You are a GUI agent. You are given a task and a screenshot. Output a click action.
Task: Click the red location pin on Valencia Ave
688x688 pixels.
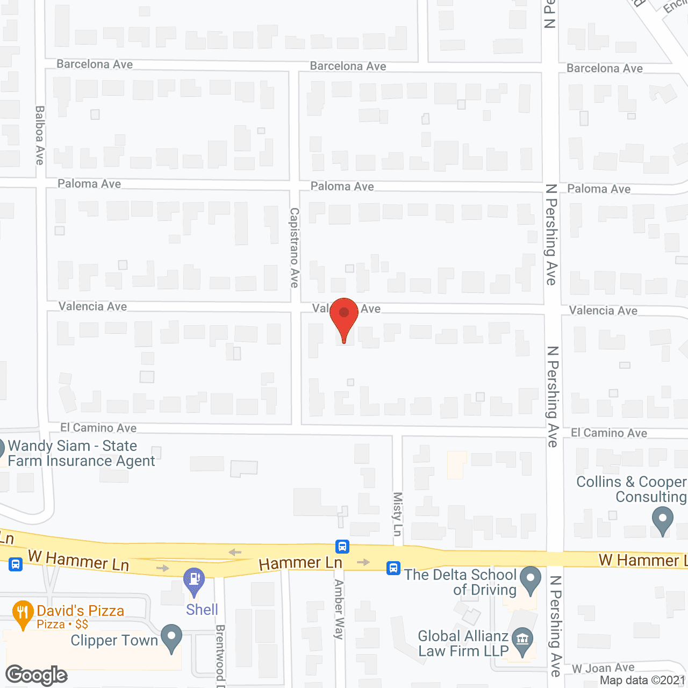pyautogui.click(x=344, y=315)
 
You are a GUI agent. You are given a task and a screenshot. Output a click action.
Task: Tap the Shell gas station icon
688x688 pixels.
pyautogui.click(x=194, y=580)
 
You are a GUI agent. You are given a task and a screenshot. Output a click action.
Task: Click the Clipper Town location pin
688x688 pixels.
pyautogui.click(x=171, y=637)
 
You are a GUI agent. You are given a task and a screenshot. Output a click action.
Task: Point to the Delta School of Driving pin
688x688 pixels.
pyautogui.click(x=531, y=579)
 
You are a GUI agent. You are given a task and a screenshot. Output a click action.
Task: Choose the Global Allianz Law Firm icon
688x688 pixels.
pyautogui.click(x=521, y=640)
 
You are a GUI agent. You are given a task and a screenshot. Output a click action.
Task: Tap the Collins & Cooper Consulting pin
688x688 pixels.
pyautogui.click(x=662, y=520)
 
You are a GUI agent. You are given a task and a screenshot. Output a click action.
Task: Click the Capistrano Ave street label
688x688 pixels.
pyautogui.click(x=295, y=248)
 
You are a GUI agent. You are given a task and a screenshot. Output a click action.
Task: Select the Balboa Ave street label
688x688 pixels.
pyautogui.click(x=40, y=135)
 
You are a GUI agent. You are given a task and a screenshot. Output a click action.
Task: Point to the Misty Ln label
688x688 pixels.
pyautogui.click(x=398, y=514)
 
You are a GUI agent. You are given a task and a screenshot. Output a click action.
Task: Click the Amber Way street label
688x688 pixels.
pyautogui.click(x=339, y=609)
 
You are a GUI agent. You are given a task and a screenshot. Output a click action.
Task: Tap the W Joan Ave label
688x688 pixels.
pyautogui.click(x=603, y=668)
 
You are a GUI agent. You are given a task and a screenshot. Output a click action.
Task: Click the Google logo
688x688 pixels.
pyautogui.click(x=37, y=675)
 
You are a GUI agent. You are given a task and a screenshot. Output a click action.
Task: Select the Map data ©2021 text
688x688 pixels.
pyautogui.click(x=643, y=680)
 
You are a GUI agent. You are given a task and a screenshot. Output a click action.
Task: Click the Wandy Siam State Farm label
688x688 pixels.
pyautogui.click(x=81, y=454)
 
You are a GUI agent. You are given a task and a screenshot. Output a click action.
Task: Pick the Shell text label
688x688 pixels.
pyautogui.click(x=202, y=610)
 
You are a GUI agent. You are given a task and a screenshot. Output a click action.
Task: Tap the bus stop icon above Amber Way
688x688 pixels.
pyautogui.click(x=342, y=547)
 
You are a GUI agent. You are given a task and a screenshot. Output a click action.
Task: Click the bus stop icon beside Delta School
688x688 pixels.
pyautogui.click(x=393, y=568)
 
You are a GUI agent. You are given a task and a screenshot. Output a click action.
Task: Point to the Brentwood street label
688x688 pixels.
pyautogui.click(x=220, y=655)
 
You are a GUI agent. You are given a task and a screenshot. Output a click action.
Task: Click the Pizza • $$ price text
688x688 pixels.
pyautogui.click(x=62, y=624)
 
